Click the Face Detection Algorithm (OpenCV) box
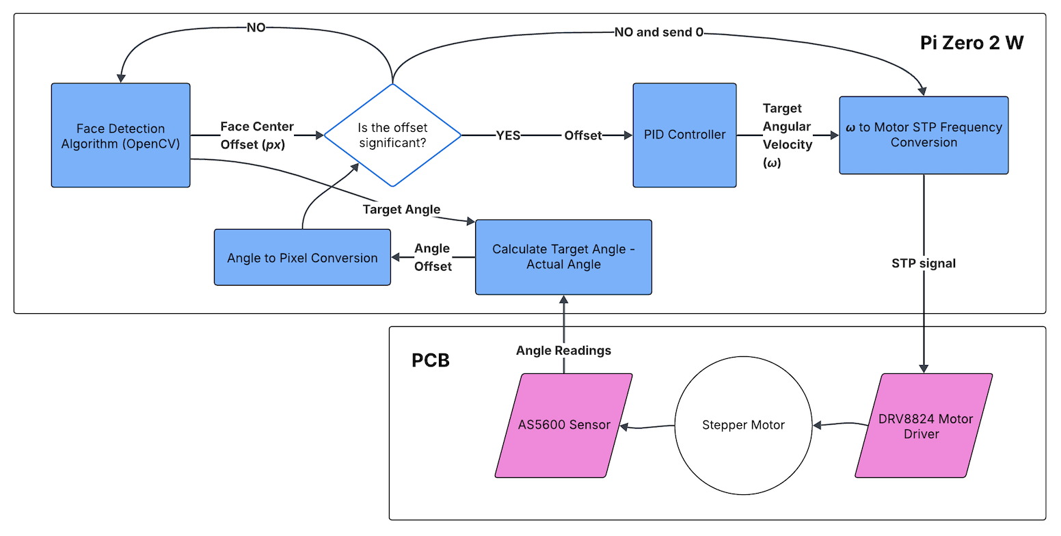coord(120,135)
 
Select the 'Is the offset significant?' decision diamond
coord(392,135)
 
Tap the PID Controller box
coord(684,135)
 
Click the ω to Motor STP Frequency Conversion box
coord(924,135)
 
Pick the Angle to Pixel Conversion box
coord(302,257)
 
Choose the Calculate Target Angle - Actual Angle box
coord(563,257)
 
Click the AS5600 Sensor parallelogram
coord(563,425)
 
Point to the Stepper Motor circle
coord(743,425)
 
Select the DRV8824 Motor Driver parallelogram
coord(924,425)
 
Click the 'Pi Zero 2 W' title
coord(971,43)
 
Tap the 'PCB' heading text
coord(431,360)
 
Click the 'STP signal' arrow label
coord(924,263)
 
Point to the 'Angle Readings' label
coord(563,350)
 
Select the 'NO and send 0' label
coord(658,32)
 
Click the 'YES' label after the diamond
coord(508,135)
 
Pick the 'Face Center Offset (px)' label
coord(257,135)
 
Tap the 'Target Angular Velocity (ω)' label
coord(787,135)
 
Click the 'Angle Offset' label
coord(433,257)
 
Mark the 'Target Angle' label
coord(401,209)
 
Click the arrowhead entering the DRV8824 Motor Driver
coord(924,368)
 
